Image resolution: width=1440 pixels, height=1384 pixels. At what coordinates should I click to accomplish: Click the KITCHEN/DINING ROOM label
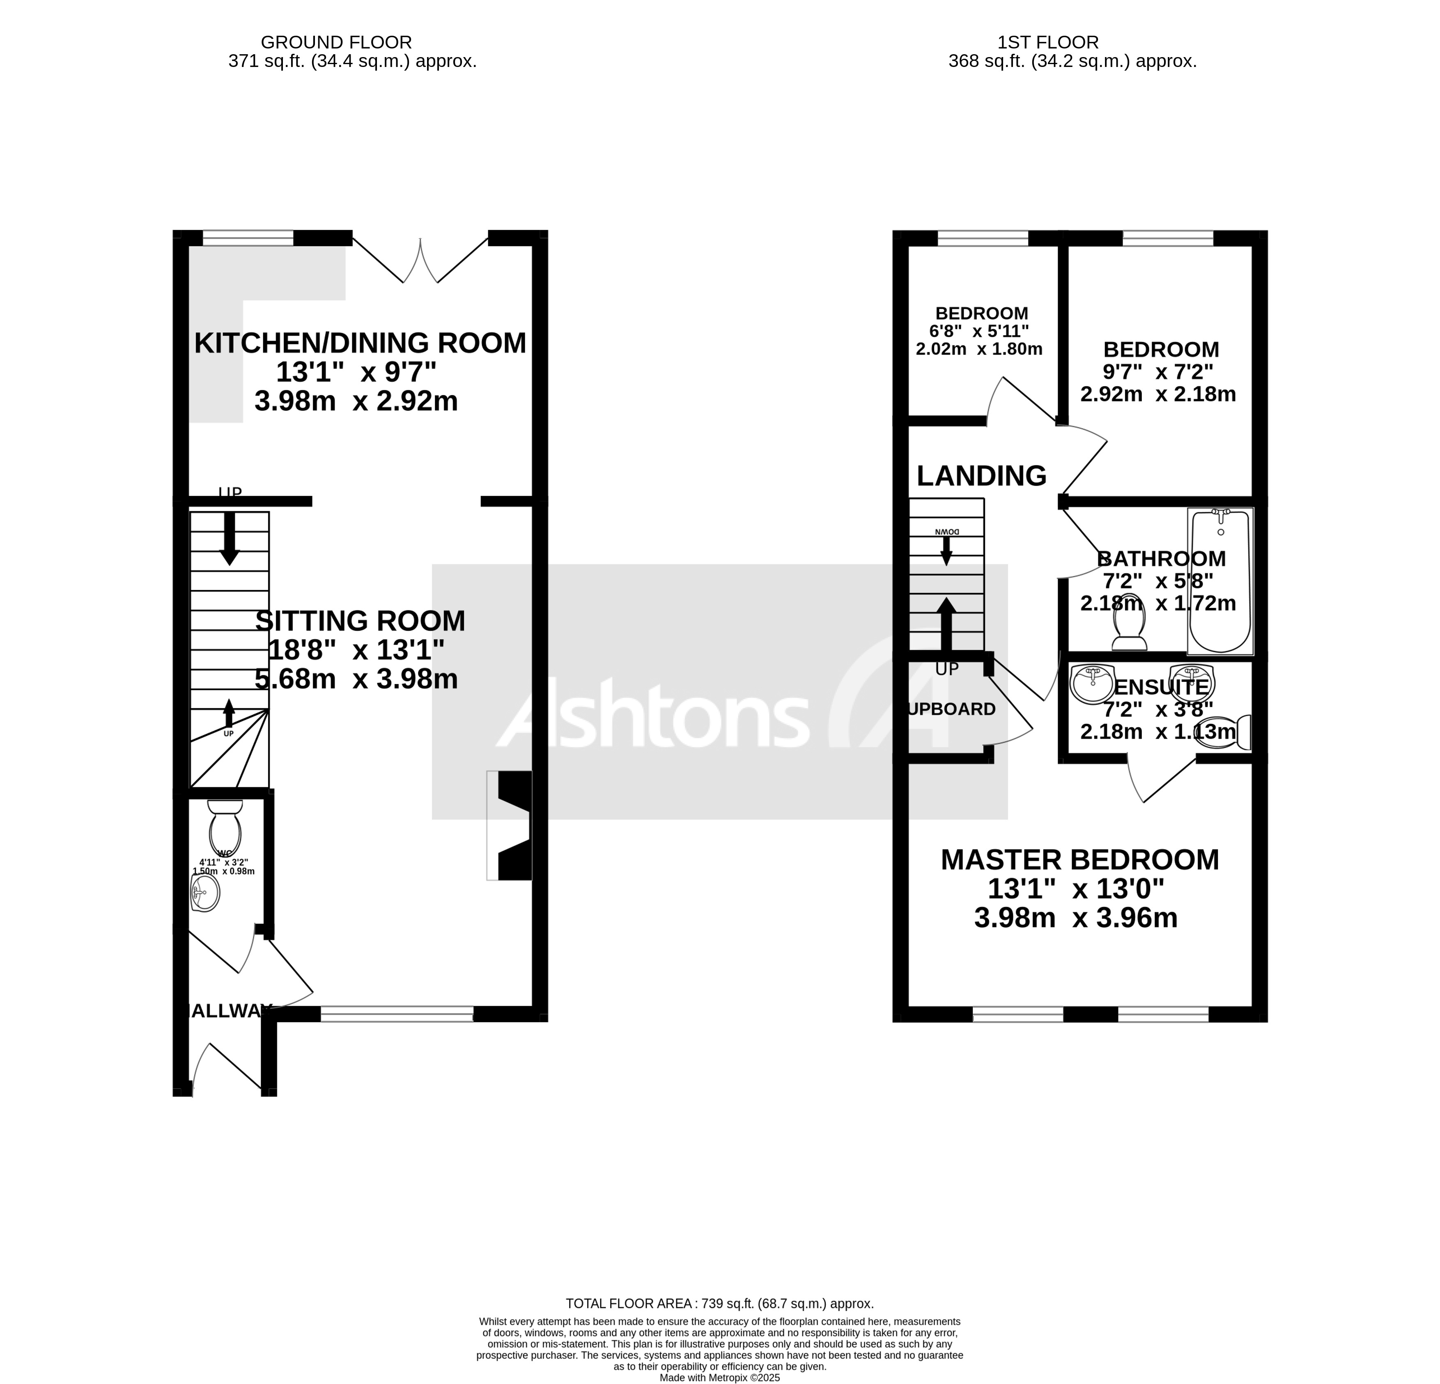point(360,343)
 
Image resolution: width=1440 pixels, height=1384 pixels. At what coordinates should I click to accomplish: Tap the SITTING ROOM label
point(360,621)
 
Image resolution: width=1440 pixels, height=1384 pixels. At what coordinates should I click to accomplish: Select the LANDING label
point(981,476)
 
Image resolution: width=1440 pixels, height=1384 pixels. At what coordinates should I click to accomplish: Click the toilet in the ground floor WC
point(225,827)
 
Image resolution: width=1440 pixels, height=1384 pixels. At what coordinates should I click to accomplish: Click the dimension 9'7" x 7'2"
point(1158,372)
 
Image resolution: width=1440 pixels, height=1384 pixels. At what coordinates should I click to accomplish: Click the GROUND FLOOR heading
point(336,43)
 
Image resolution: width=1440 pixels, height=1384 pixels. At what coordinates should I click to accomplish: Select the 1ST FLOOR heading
point(1048,43)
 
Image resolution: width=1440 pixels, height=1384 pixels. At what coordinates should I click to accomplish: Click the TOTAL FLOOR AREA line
point(719,1303)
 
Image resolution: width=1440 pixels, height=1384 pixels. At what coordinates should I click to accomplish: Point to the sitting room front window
point(397,1014)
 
